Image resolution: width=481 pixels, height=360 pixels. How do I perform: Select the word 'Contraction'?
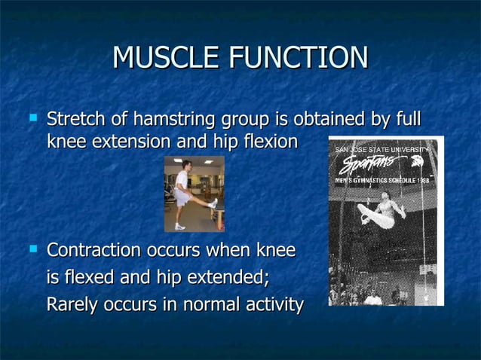pyautogui.click(x=94, y=249)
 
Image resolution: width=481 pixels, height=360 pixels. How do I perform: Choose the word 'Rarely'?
pyautogui.click(x=72, y=305)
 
